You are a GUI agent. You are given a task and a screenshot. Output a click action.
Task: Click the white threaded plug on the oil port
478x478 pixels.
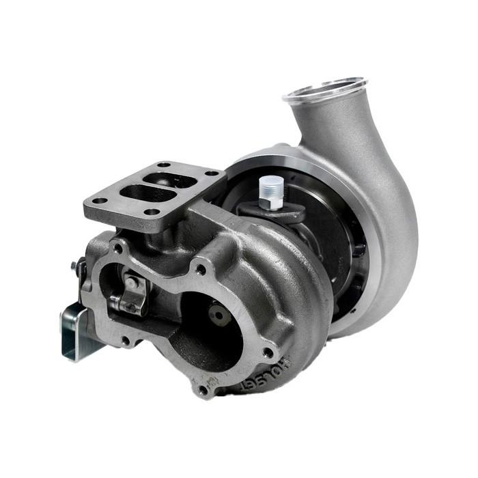click(x=271, y=191)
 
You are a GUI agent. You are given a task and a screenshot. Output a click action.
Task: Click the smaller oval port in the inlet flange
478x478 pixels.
click(x=176, y=180)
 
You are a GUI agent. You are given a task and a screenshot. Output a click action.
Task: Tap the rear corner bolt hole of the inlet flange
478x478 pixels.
click(x=164, y=165)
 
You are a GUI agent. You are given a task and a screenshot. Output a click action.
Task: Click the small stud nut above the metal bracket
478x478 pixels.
click(x=74, y=265)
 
